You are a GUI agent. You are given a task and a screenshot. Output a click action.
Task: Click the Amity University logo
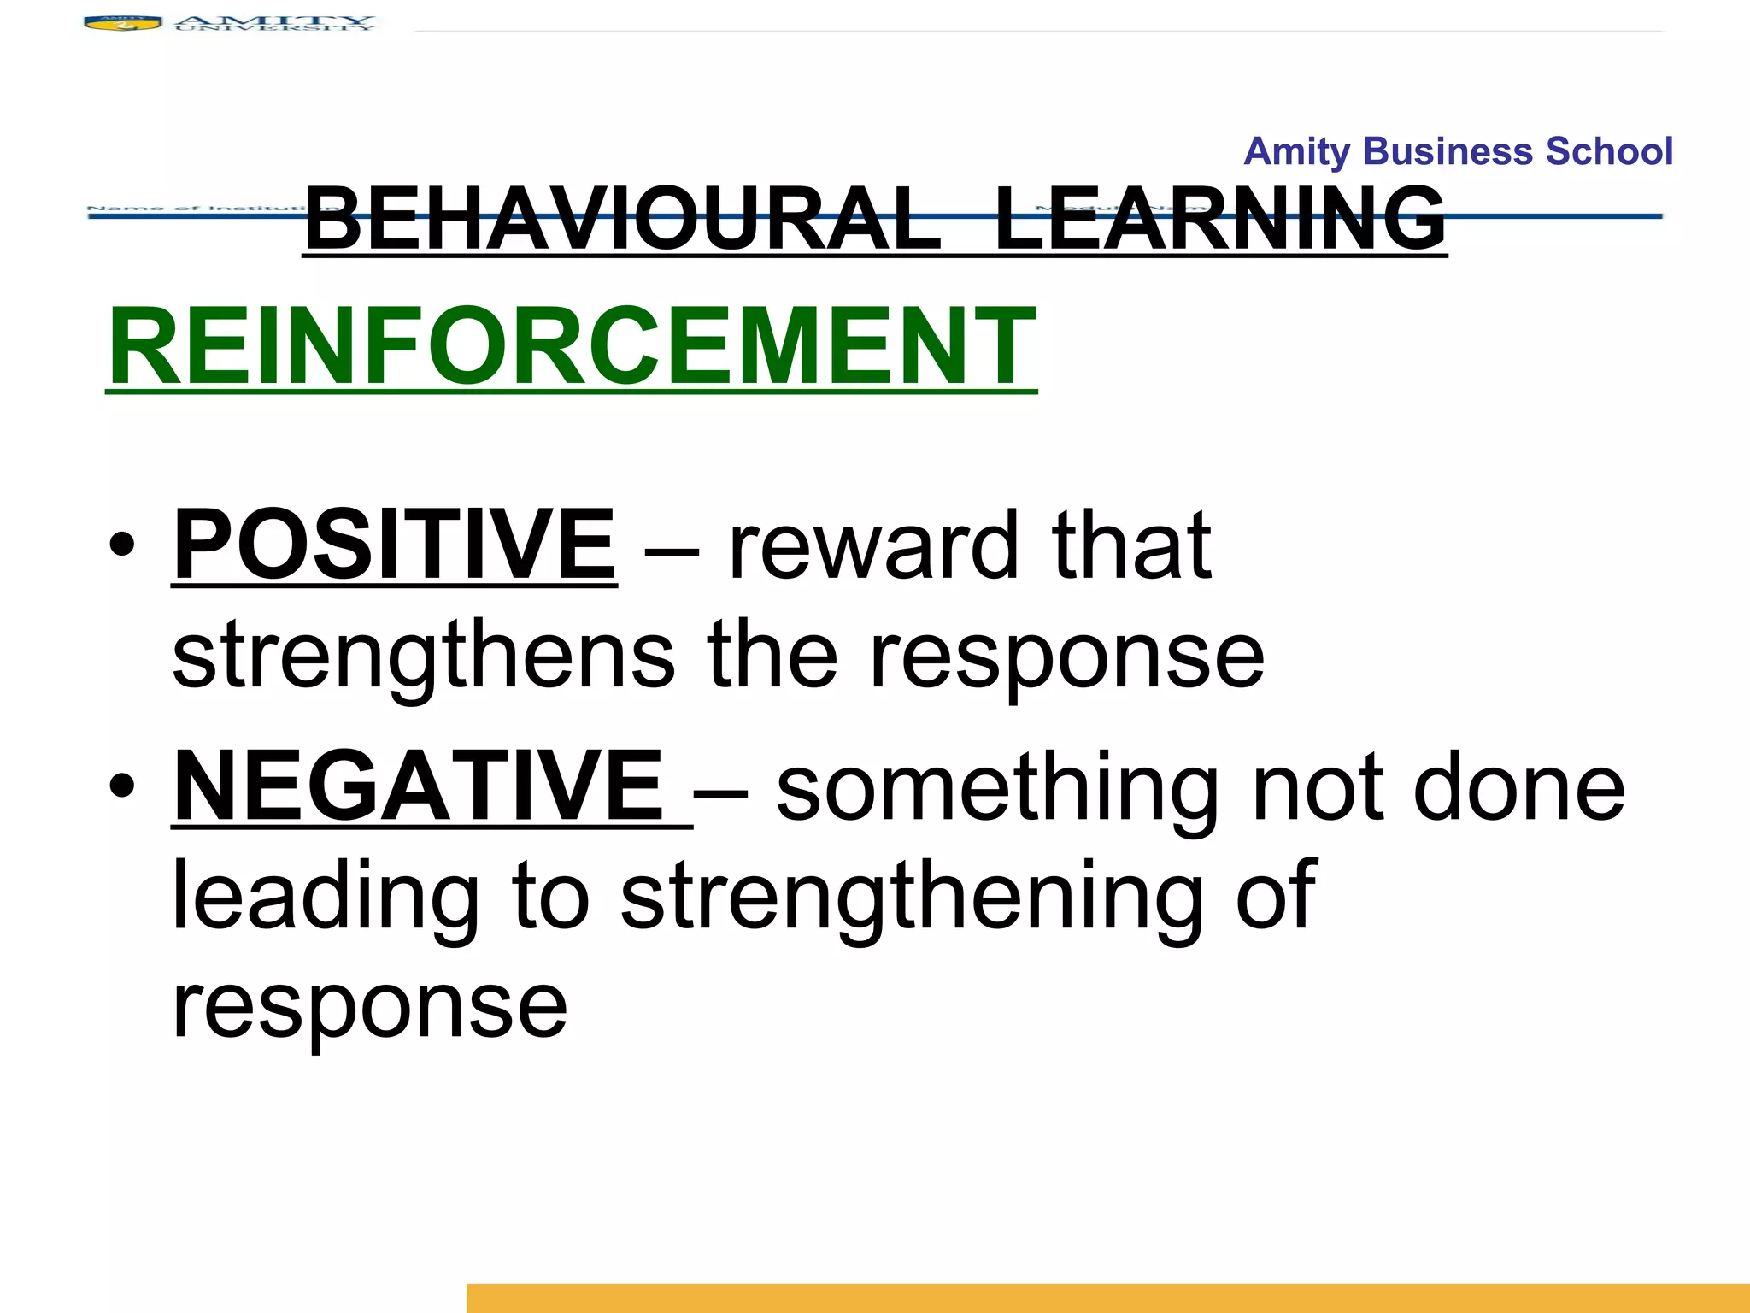(x=229, y=23)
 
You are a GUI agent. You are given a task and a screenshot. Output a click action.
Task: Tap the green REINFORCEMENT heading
(x=571, y=347)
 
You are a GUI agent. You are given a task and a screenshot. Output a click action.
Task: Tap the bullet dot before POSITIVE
(x=122, y=545)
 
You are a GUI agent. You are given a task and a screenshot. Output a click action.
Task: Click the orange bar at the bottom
(x=1107, y=1298)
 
